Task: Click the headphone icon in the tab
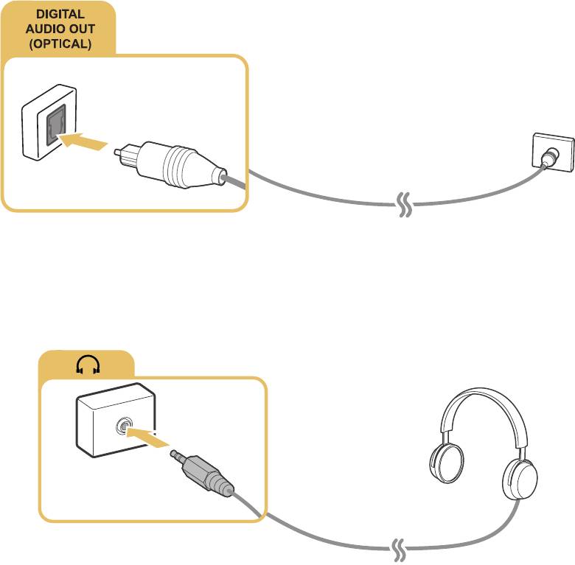pyautogui.click(x=87, y=365)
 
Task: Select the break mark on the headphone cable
pyautogui.click(x=399, y=549)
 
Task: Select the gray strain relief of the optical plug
pyautogui.click(x=222, y=178)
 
